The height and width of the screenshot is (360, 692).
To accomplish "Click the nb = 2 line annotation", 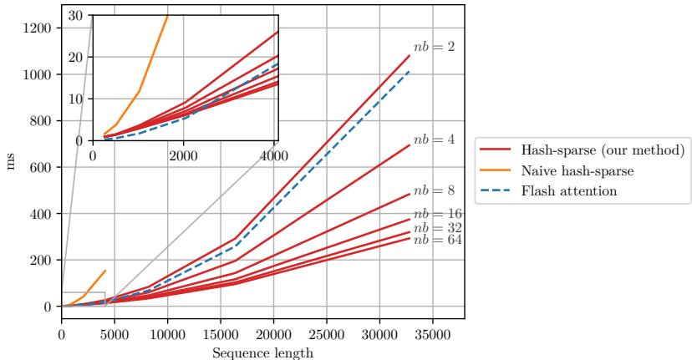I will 434,47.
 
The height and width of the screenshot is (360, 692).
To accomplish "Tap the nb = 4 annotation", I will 434,139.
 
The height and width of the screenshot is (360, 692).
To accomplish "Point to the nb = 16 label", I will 437,214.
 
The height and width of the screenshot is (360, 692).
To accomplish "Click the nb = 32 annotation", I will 437,227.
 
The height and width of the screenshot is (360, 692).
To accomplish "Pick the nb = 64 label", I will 437,240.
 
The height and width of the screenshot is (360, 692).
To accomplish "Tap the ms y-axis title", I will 11,160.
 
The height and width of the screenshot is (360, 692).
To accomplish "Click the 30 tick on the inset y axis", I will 79,15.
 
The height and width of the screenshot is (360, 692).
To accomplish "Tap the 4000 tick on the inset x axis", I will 275,155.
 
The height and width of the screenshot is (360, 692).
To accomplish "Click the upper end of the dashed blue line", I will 410,71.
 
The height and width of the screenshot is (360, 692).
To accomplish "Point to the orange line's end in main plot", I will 105,270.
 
